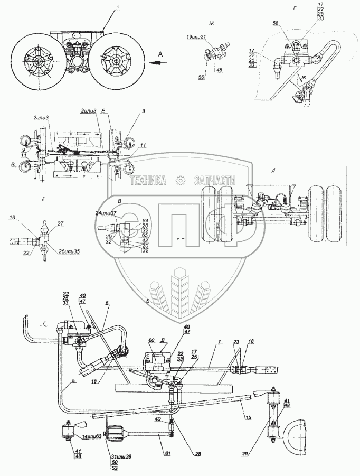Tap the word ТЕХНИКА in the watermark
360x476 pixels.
point(148,181)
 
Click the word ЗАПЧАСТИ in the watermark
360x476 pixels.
point(215,181)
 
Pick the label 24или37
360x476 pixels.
point(107,213)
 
